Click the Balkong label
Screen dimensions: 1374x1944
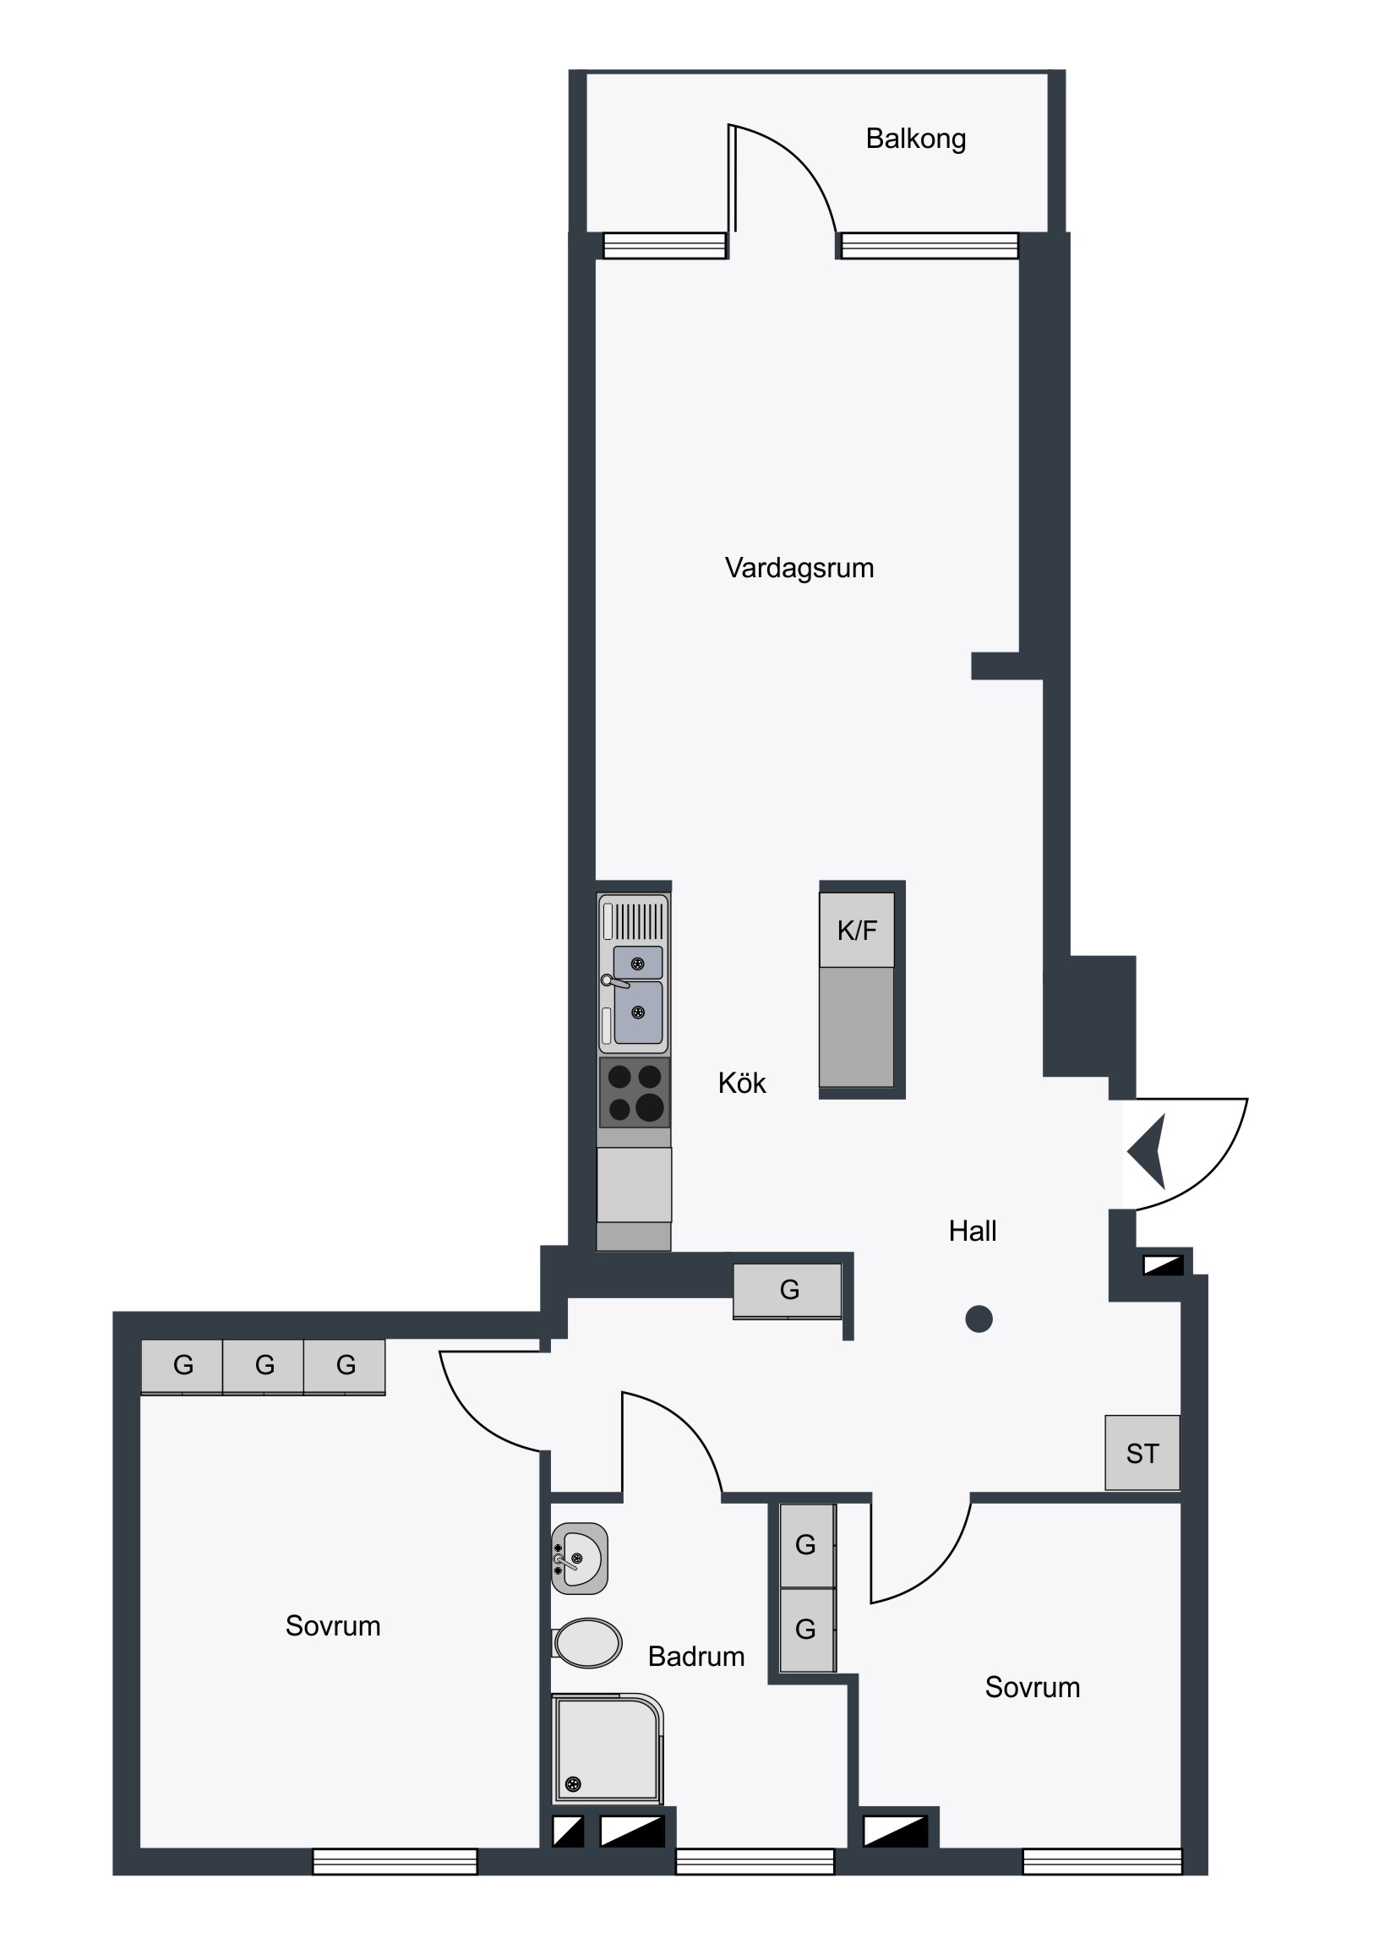point(915,139)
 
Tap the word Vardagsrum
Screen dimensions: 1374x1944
point(799,567)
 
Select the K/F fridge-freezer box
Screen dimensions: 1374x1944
point(857,930)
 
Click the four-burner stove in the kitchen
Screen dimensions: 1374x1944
point(634,1092)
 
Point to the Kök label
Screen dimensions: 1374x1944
point(742,1083)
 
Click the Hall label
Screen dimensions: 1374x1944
point(972,1231)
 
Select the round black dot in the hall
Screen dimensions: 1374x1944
point(979,1319)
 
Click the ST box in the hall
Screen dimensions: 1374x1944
point(1142,1453)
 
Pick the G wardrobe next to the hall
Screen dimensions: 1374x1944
point(788,1291)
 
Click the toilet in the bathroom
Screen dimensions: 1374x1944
point(586,1643)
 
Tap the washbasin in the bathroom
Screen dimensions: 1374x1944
point(580,1559)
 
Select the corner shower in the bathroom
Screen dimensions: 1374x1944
point(607,1749)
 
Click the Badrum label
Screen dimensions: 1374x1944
point(696,1656)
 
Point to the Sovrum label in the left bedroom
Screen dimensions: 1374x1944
point(333,1625)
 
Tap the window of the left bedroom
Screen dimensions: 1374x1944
point(395,1861)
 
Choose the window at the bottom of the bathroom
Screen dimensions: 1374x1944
point(755,1861)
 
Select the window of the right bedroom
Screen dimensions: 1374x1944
point(1102,1861)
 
